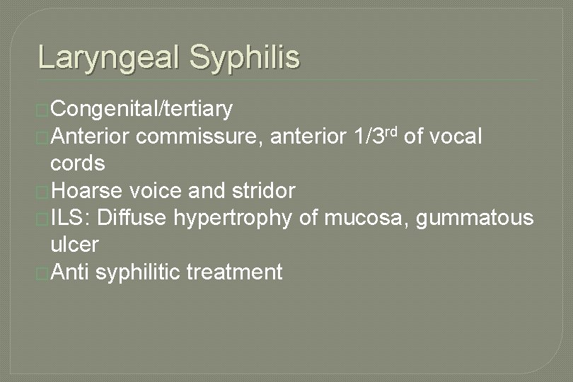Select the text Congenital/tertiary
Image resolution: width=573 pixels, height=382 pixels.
141,110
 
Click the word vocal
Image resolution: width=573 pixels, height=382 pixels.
453,137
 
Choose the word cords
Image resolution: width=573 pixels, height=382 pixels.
78,163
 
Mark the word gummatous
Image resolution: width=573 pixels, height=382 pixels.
475,218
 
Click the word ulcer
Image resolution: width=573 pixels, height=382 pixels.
74,245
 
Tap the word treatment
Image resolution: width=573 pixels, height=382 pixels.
236,272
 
